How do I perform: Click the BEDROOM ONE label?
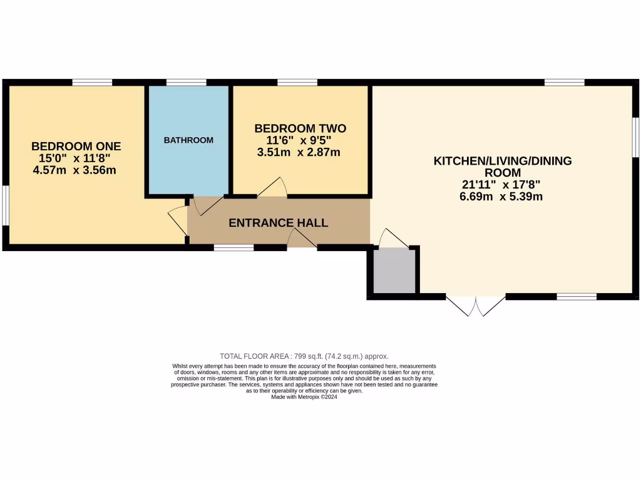click(x=76, y=146)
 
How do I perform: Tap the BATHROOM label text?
click(x=188, y=140)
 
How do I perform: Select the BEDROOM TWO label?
click(x=300, y=128)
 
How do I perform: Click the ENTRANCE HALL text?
click(x=278, y=223)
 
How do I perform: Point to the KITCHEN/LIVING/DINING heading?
click(x=503, y=161)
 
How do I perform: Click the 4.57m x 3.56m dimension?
click(x=76, y=170)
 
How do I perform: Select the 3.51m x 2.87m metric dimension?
click(x=299, y=152)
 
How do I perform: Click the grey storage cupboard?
click(x=394, y=271)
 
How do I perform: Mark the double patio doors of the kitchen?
click(x=476, y=305)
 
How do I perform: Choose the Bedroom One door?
click(x=178, y=220)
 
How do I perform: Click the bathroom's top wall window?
click(x=186, y=82)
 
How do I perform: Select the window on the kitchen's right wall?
click(x=635, y=137)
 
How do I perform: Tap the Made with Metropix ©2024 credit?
click(x=304, y=396)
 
